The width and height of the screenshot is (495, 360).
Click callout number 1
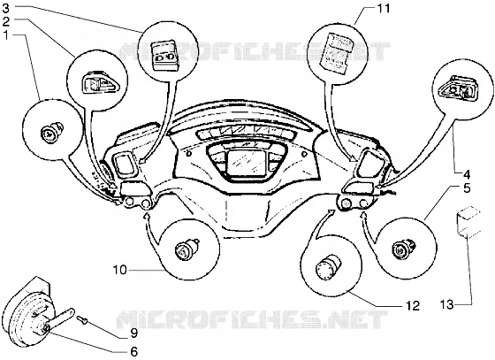coord(6,35)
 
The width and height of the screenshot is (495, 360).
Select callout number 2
coord(6,22)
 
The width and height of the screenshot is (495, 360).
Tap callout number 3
coord(6,8)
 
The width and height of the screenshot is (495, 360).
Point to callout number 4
coord(467,174)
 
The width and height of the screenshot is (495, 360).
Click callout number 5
coord(467,188)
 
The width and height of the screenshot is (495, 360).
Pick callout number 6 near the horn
coord(134,351)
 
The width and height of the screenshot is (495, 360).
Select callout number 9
coord(133,333)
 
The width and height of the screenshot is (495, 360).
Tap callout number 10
coord(119,270)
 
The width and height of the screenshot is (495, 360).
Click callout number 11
coord(384,8)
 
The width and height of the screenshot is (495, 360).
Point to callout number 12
coord(413,305)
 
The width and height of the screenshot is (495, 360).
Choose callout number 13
coord(447,305)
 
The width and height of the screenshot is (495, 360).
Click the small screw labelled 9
coord(81,320)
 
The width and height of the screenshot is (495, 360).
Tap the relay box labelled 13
coord(468,221)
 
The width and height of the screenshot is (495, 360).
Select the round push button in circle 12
coord(329,266)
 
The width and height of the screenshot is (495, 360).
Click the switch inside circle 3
coord(165,55)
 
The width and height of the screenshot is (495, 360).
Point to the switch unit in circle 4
coord(459,88)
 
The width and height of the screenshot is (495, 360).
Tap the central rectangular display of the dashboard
coord(247,163)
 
